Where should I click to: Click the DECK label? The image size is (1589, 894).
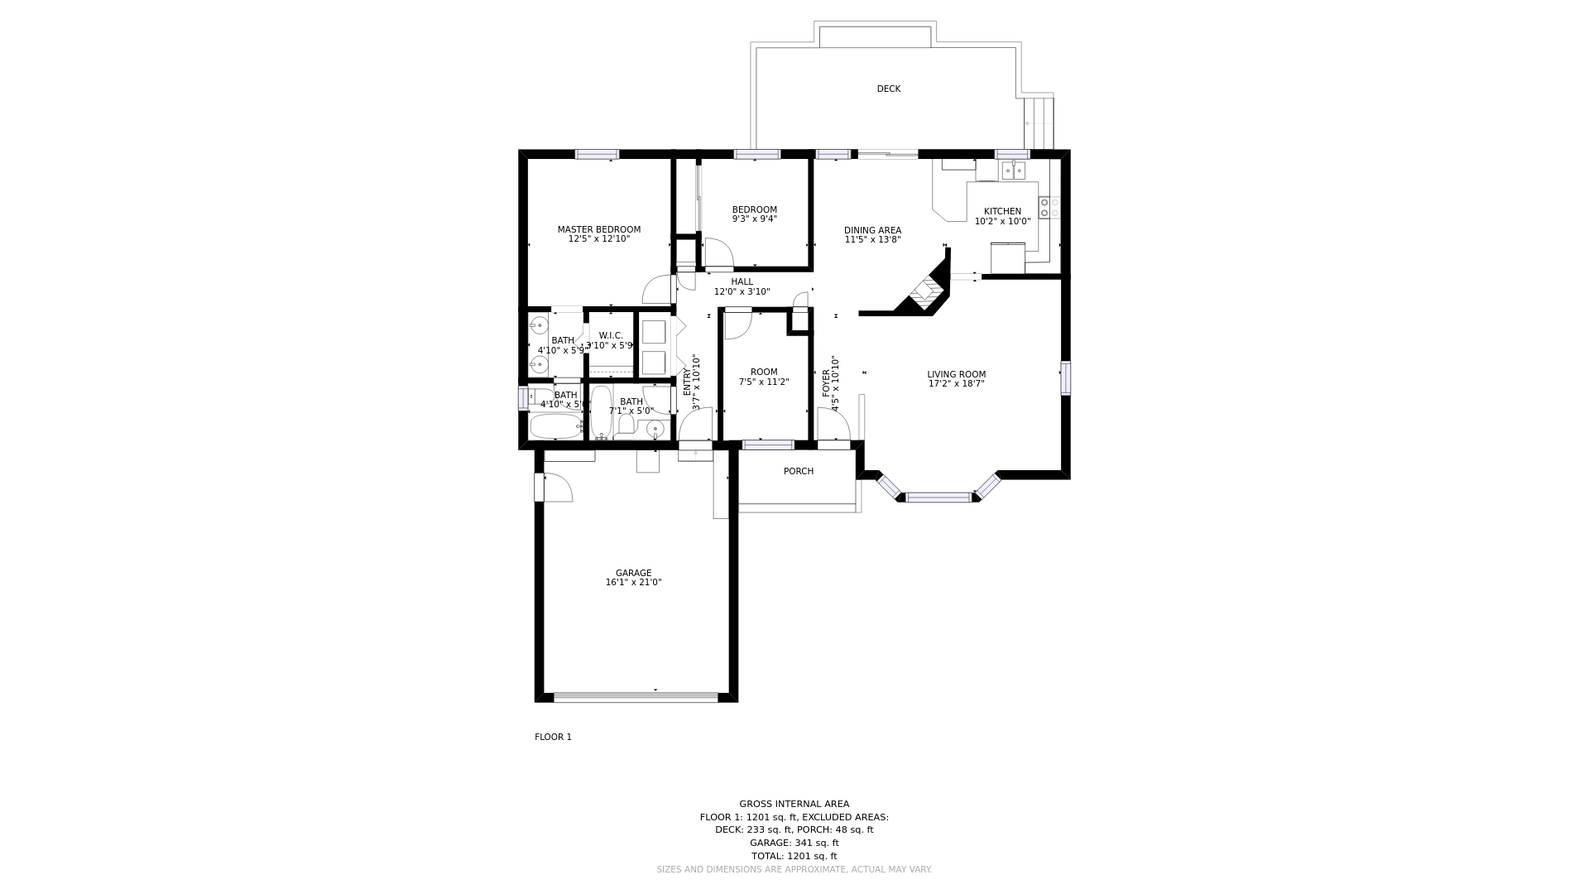(x=888, y=89)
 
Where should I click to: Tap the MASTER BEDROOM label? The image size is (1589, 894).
(x=598, y=229)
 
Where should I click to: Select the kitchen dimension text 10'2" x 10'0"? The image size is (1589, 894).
(x=1002, y=222)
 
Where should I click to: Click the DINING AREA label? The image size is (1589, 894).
(x=872, y=230)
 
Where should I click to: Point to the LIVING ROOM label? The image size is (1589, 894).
(x=956, y=374)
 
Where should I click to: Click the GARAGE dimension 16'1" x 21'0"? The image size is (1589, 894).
(x=633, y=583)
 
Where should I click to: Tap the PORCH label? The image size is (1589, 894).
(x=798, y=471)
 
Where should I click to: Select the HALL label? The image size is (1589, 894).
(x=742, y=281)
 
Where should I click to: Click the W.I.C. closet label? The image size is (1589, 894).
(x=611, y=335)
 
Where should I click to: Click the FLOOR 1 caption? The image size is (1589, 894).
(x=553, y=737)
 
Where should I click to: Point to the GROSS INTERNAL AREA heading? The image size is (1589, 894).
(x=794, y=804)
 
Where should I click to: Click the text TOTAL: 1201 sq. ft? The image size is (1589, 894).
(x=794, y=856)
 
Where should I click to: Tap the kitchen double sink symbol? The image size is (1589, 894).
(x=1013, y=171)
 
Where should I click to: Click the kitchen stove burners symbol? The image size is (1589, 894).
(x=1049, y=208)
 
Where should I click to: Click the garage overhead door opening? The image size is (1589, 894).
(x=636, y=697)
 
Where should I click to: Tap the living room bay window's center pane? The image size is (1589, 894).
(x=938, y=497)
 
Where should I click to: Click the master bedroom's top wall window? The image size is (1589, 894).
(x=597, y=154)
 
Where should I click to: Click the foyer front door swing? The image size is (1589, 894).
(x=833, y=425)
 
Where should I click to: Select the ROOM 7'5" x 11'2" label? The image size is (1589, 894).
(x=763, y=377)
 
